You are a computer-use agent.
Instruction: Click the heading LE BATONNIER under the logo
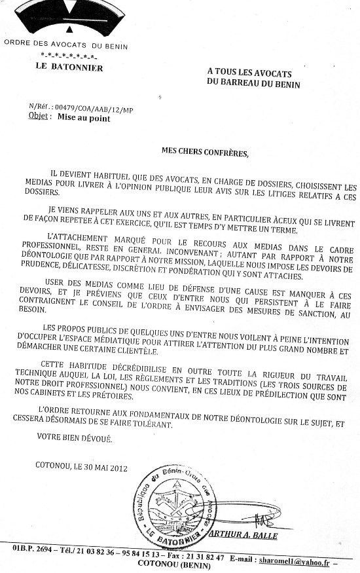pyautogui.click(x=65, y=66)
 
